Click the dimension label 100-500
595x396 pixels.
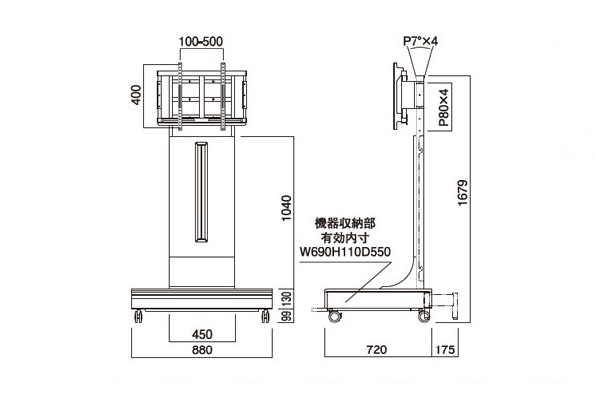(x=201, y=41)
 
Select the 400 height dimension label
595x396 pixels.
(x=136, y=95)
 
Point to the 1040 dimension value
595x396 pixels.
(x=286, y=208)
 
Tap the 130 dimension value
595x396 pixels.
(x=288, y=299)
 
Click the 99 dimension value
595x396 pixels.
(x=288, y=316)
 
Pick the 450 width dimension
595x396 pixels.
(x=202, y=334)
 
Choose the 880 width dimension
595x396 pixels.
(x=202, y=349)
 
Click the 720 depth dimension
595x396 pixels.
(x=377, y=349)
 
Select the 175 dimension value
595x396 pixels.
(x=445, y=349)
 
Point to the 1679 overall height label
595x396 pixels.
(x=463, y=193)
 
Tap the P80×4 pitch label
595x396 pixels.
(x=443, y=107)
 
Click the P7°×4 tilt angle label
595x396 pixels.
(x=420, y=41)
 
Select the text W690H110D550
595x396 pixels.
(x=345, y=252)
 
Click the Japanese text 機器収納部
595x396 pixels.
(x=345, y=223)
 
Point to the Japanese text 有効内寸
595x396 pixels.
(x=345, y=238)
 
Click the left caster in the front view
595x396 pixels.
(x=138, y=316)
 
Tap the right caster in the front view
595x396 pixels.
(x=265, y=316)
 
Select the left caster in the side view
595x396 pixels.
(x=334, y=315)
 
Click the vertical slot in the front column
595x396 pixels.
(x=202, y=192)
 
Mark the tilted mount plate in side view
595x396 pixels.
(x=399, y=97)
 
